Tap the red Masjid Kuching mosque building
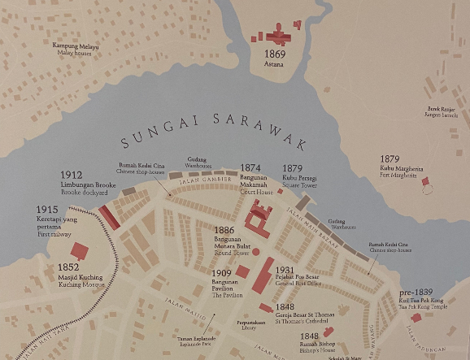coord(80,251)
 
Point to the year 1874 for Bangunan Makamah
coord(250,168)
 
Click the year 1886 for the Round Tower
coord(224,231)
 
